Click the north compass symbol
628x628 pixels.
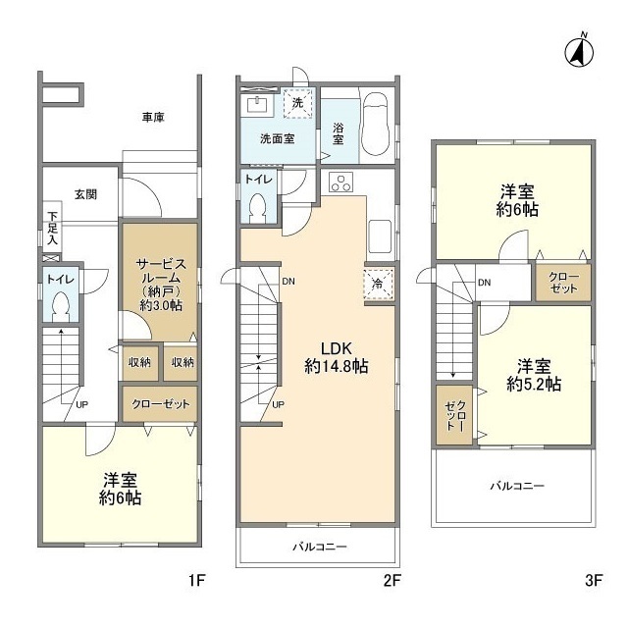[x=579, y=52]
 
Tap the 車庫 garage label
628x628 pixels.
[x=153, y=118]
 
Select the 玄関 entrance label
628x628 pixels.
[x=86, y=194]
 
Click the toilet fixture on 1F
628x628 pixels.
[x=61, y=306]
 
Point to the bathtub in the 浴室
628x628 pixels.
[x=375, y=125]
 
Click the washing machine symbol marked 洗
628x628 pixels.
[x=297, y=103]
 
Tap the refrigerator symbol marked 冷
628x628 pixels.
[x=379, y=284]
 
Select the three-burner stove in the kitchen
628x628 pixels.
[x=341, y=183]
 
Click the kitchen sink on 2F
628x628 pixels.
[x=380, y=236]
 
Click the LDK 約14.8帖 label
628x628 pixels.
[x=336, y=357]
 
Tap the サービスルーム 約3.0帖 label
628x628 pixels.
[x=161, y=285]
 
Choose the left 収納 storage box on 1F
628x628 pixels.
[x=140, y=362]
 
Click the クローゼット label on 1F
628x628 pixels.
[x=161, y=403]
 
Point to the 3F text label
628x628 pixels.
[x=594, y=580]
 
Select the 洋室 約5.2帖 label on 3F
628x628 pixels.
[x=534, y=375]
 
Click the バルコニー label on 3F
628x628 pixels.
[x=518, y=487]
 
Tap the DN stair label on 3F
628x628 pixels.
[x=484, y=283]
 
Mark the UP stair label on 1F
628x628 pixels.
[x=81, y=404]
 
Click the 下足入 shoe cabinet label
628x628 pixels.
[x=53, y=229]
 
